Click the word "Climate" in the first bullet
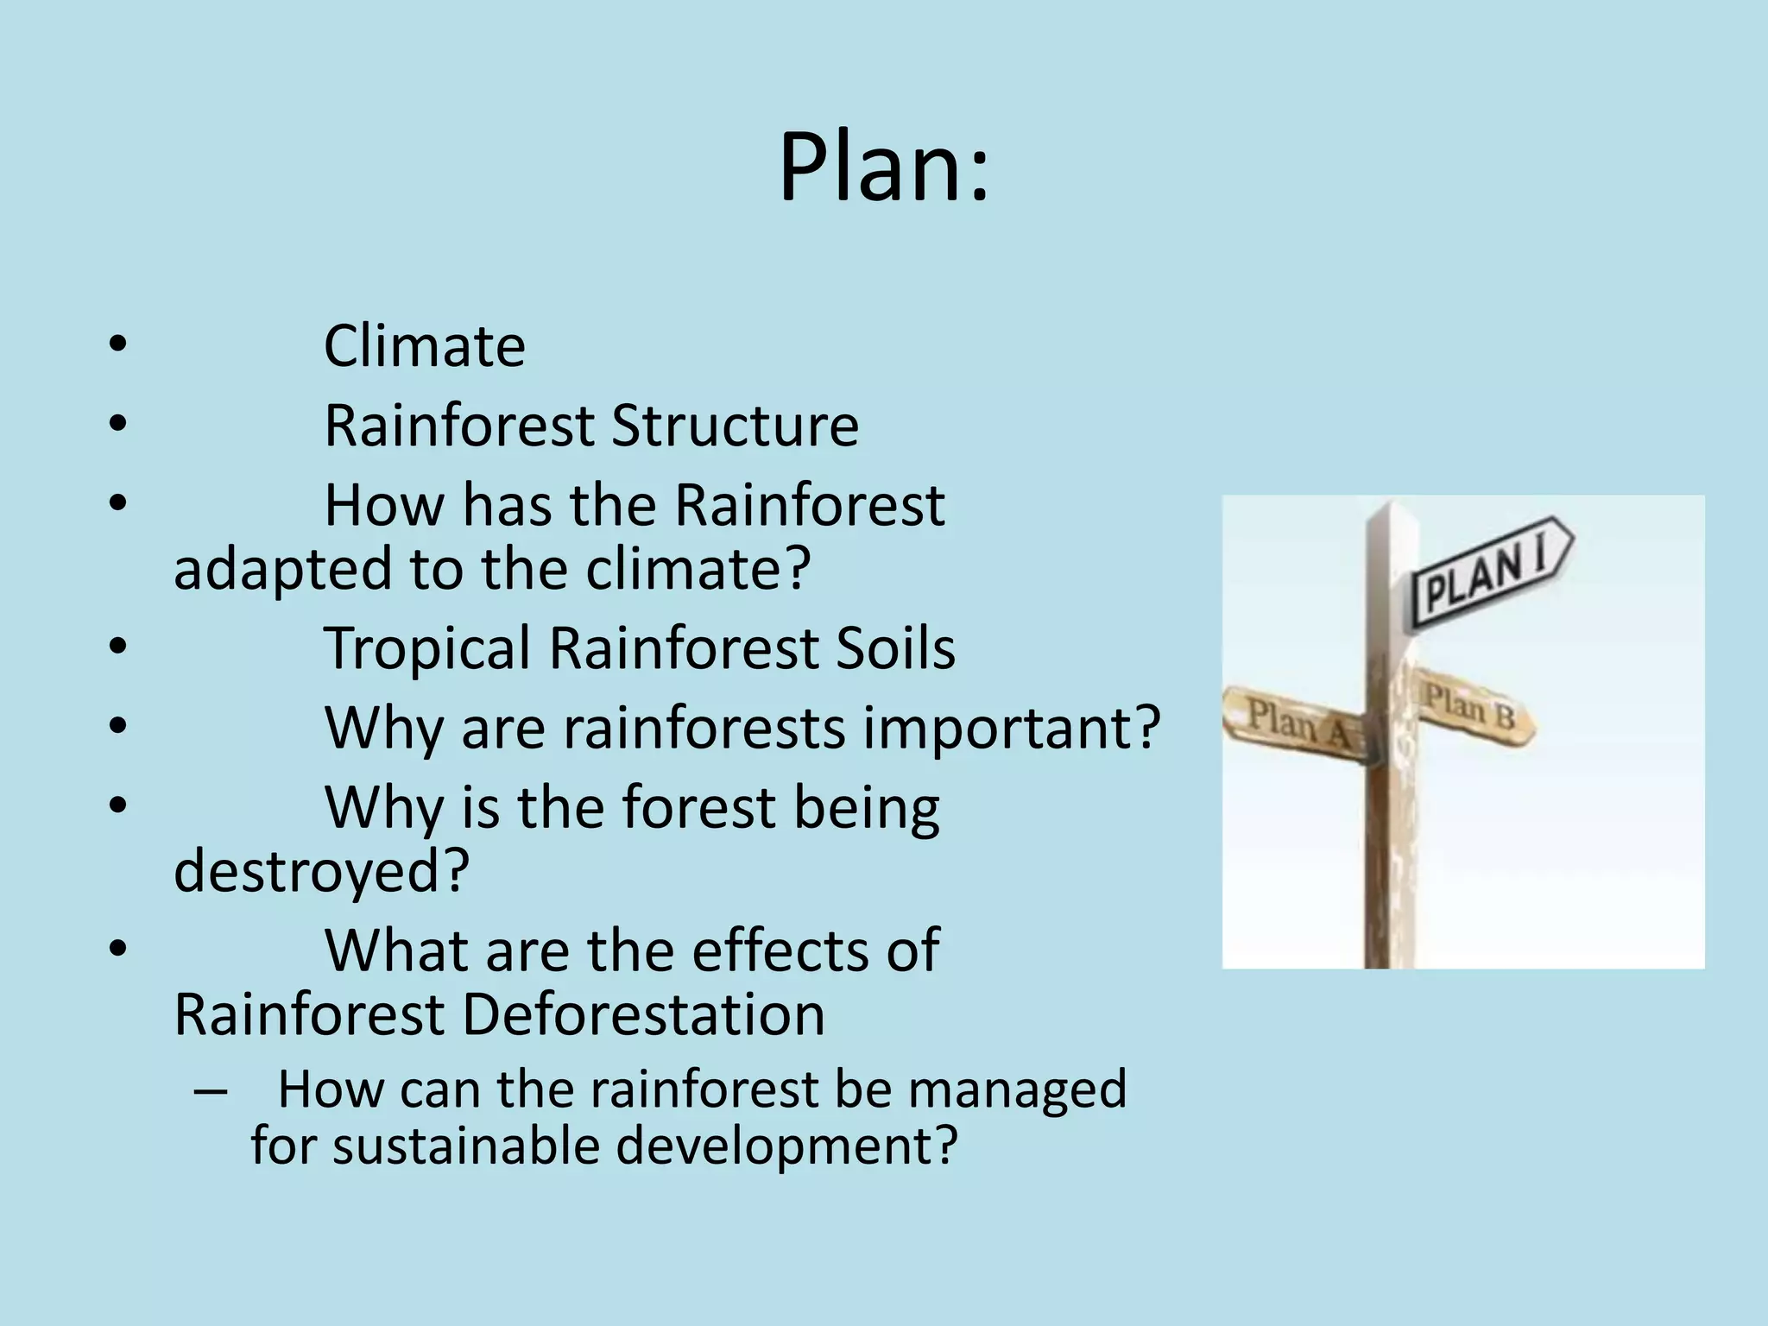(x=424, y=347)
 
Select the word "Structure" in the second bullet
(x=735, y=426)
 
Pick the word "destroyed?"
(x=321, y=872)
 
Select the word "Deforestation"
(x=643, y=1014)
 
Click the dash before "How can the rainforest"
(x=211, y=1091)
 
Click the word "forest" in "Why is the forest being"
(x=698, y=808)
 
